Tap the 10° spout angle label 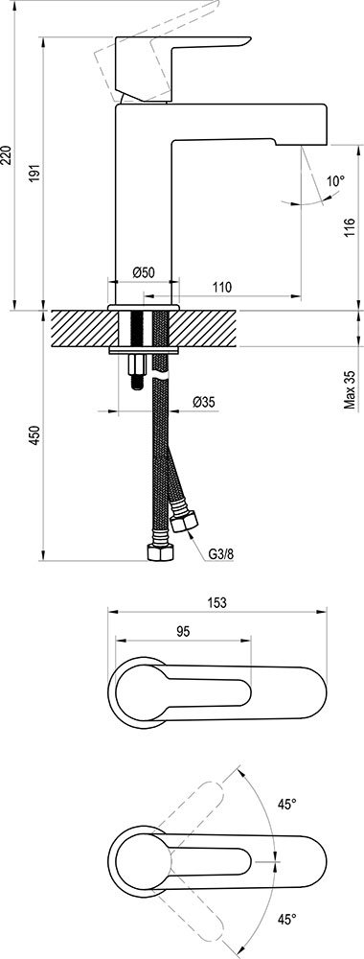(x=334, y=180)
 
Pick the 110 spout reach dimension (x=222, y=287)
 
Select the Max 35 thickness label (x=351, y=390)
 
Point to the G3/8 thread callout (x=219, y=553)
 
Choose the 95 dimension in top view (x=178, y=631)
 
